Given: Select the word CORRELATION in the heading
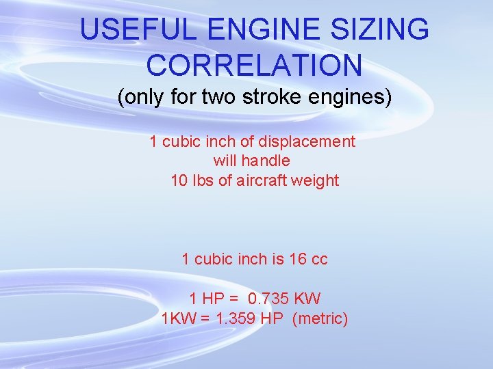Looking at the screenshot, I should (x=254, y=65).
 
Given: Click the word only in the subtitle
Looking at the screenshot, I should (x=142, y=98).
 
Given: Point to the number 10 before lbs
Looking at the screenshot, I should (x=179, y=181).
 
